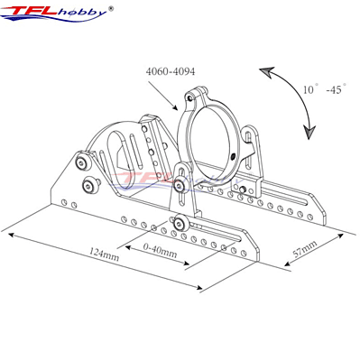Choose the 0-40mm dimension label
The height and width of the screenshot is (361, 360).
160,244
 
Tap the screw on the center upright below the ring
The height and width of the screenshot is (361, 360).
182,185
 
